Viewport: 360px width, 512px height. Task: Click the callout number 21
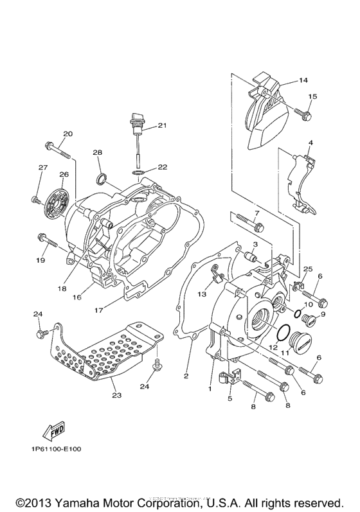162,125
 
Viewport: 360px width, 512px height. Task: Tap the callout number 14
303,80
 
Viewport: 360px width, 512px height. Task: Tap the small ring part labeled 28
102,178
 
